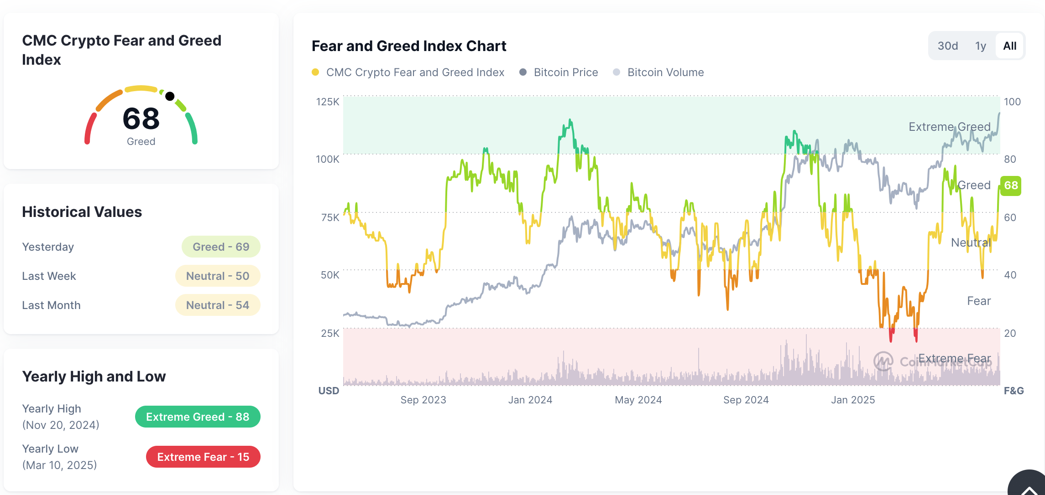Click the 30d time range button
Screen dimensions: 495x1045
tap(947, 46)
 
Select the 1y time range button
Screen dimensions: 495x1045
tap(981, 46)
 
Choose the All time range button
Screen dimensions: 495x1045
tap(1009, 46)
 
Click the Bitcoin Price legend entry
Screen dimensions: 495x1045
tap(565, 72)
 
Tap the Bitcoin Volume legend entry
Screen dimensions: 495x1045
tap(665, 72)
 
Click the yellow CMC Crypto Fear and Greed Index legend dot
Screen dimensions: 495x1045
tap(315, 72)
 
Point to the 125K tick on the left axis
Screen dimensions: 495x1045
tap(328, 102)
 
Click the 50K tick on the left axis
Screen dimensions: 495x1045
tap(329, 275)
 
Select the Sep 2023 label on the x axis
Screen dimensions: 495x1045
tap(423, 400)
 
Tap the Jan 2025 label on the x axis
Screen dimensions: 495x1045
tap(853, 400)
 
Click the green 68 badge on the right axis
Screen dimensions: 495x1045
tap(1011, 186)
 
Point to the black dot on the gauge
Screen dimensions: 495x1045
tap(170, 96)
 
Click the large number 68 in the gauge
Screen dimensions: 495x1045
tap(141, 119)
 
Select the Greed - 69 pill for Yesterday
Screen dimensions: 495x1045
tap(221, 247)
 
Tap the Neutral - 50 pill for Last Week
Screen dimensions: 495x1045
tap(218, 276)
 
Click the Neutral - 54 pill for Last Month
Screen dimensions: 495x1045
tap(218, 305)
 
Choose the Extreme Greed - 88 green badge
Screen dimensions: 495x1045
tap(198, 417)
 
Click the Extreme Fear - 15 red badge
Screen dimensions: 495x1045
tap(203, 457)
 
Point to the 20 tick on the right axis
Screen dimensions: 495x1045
tap(1010, 333)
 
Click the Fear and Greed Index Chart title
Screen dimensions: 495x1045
tap(409, 46)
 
